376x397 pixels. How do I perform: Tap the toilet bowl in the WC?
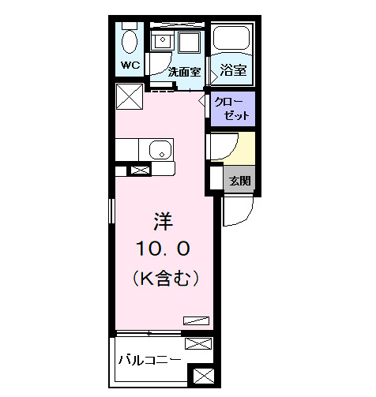(x=130, y=40)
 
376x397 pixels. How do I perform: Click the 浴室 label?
(x=234, y=70)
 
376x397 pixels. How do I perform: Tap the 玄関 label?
(x=240, y=181)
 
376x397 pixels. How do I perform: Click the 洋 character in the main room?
(x=164, y=219)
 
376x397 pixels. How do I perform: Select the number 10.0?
(x=164, y=249)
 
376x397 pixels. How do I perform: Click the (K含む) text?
(x=164, y=278)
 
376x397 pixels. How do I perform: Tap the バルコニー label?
(x=150, y=360)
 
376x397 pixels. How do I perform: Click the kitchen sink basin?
(x=161, y=150)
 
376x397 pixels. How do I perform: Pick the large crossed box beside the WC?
(x=130, y=97)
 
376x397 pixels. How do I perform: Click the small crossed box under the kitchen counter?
(x=139, y=170)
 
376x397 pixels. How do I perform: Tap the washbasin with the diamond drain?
(x=164, y=40)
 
